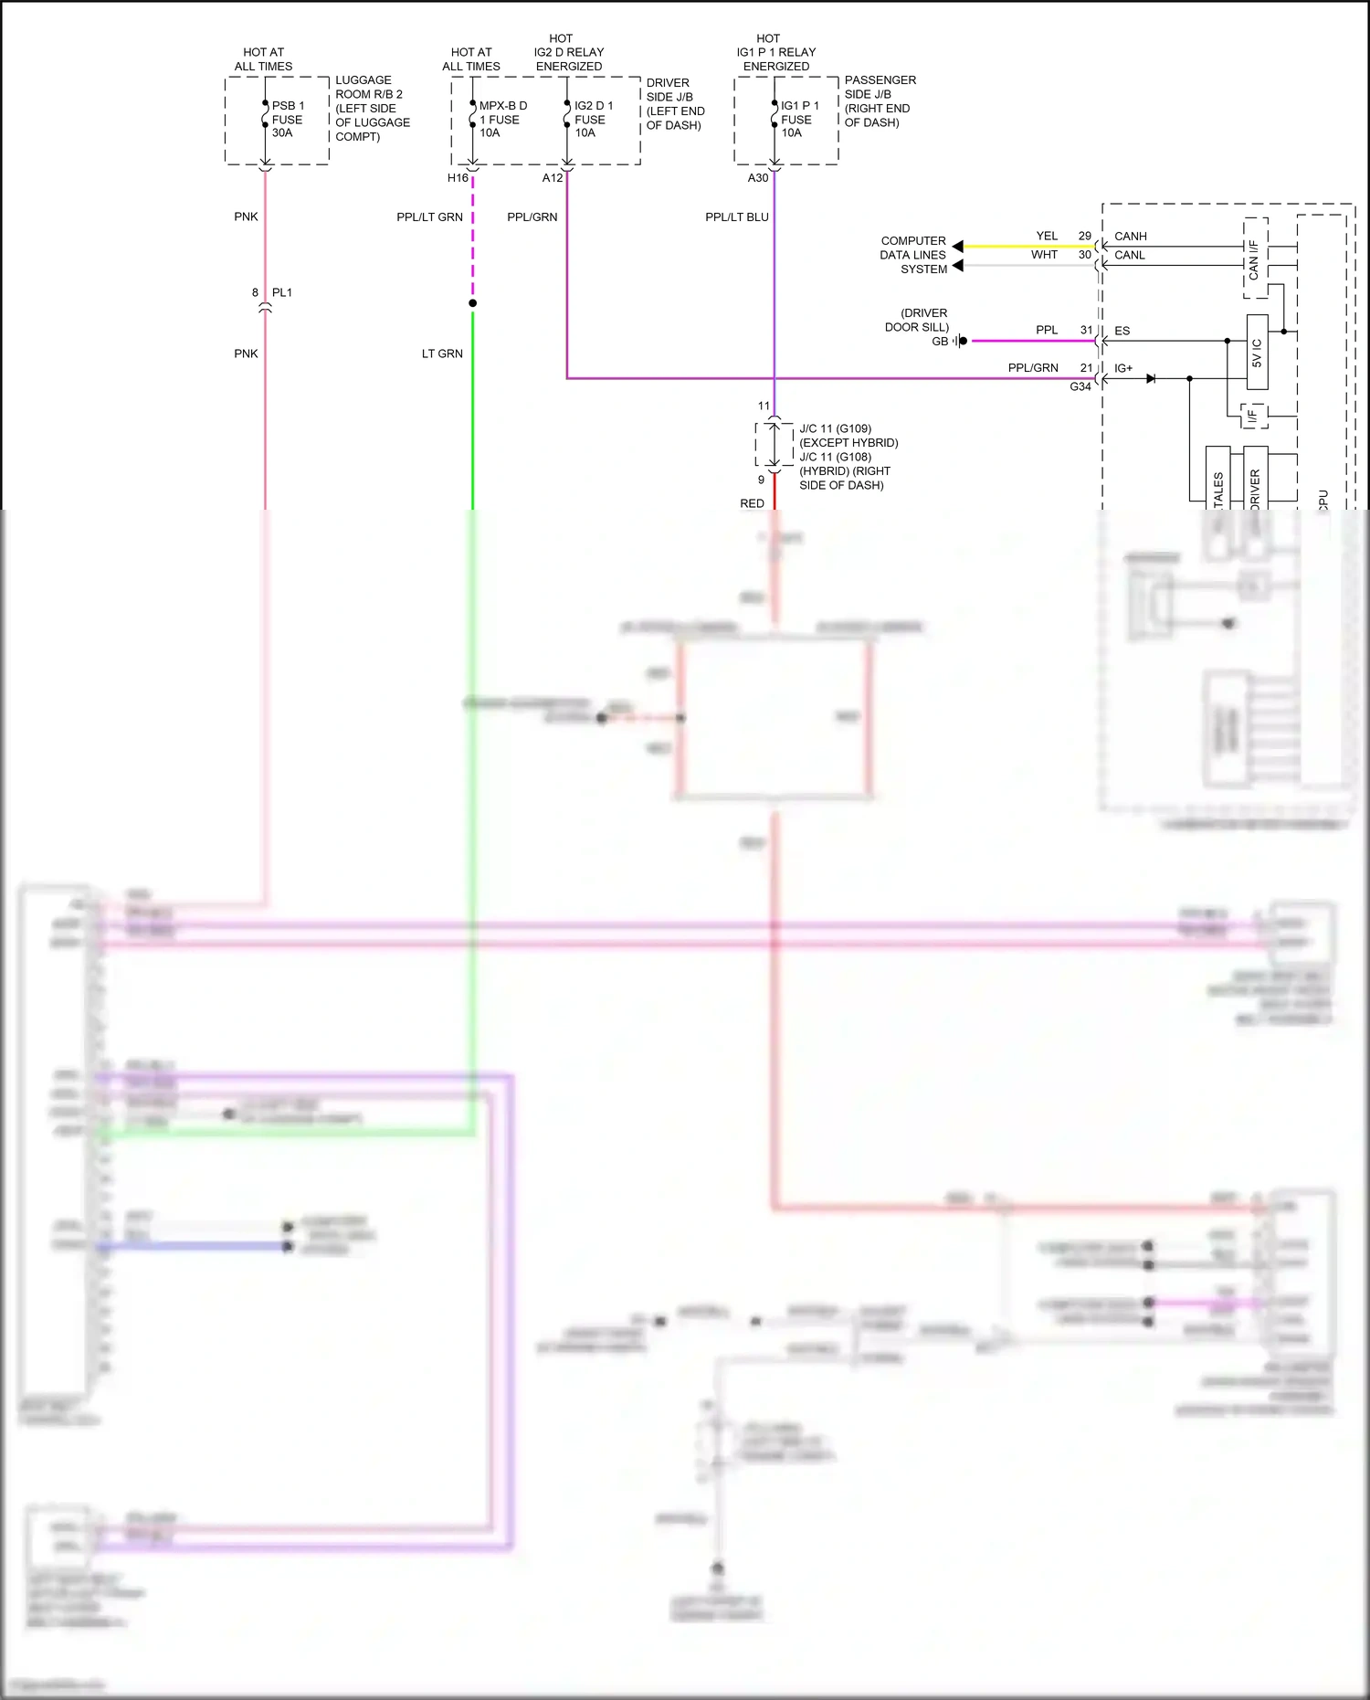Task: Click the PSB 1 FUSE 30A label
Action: tap(288, 120)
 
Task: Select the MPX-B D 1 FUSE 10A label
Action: tap(501, 120)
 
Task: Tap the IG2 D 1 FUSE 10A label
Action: tap(593, 120)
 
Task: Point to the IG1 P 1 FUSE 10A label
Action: tap(799, 120)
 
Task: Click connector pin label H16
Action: tap(458, 178)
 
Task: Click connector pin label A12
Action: tap(552, 178)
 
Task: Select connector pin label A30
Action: tap(758, 178)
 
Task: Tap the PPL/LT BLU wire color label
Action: tap(736, 217)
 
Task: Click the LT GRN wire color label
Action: tap(442, 354)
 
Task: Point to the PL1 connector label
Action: tap(282, 293)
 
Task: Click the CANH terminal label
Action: tap(1130, 237)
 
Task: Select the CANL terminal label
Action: tap(1129, 256)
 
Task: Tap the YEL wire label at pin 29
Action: tap(1047, 237)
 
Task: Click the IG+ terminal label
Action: tap(1122, 369)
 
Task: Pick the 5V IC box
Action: tap(1257, 353)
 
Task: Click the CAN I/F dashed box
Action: tap(1255, 259)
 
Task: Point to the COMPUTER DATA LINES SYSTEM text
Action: tap(913, 256)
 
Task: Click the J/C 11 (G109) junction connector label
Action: tap(835, 429)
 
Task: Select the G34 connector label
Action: tap(1080, 387)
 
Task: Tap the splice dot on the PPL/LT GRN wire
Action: tap(472, 303)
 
